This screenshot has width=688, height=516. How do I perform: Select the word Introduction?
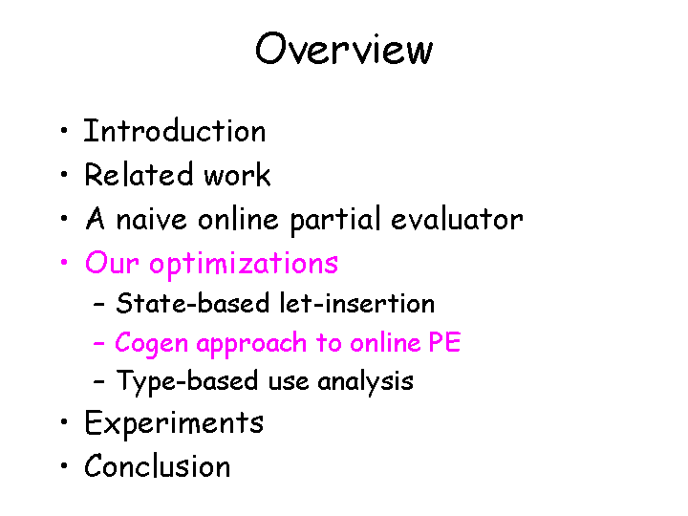pyautogui.click(x=175, y=131)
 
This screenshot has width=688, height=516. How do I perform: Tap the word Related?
pyautogui.click(x=127, y=175)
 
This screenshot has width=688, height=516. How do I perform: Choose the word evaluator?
pyautogui.click(x=457, y=220)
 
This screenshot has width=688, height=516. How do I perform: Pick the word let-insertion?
pyautogui.click(x=357, y=304)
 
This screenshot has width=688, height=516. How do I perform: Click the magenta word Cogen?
pyautogui.click(x=147, y=343)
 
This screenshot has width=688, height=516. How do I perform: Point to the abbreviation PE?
pyautogui.click(x=445, y=343)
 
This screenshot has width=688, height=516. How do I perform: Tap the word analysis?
pyautogui.click(x=365, y=382)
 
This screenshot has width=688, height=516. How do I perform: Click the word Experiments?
pyautogui.click(x=174, y=423)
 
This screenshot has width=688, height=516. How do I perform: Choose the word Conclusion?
pyautogui.click(x=158, y=467)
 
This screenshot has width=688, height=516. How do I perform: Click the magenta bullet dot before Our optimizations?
pyautogui.click(x=62, y=264)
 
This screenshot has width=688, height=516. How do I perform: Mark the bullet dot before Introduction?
pyautogui.click(x=62, y=132)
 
